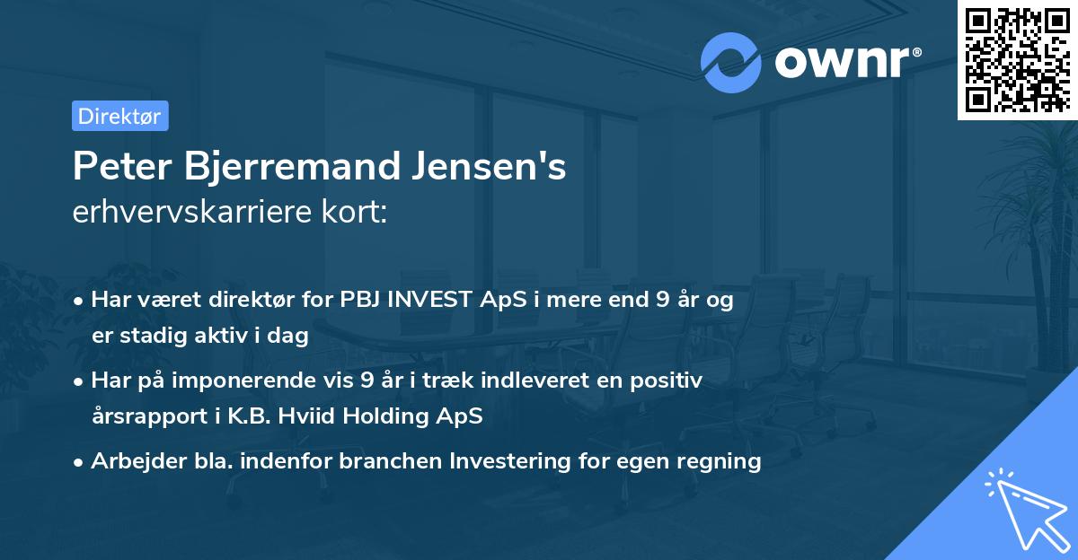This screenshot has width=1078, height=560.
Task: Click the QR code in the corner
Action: click(1018, 60)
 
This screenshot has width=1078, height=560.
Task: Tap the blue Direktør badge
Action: click(119, 116)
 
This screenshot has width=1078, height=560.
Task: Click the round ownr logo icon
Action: click(731, 63)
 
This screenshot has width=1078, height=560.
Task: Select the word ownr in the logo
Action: click(840, 63)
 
